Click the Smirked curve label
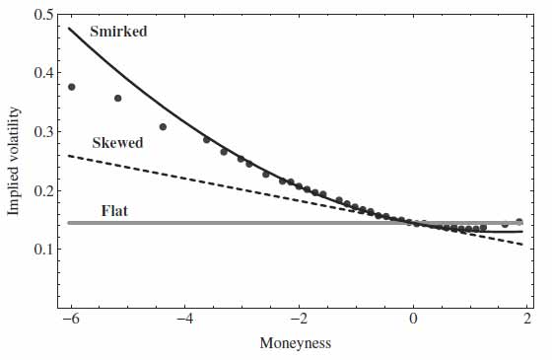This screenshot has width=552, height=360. click(x=118, y=32)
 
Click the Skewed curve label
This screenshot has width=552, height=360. click(x=117, y=143)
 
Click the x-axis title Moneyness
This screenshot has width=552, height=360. click(x=294, y=344)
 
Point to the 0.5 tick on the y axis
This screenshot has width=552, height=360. click(x=42, y=16)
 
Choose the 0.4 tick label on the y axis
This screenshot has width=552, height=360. click(x=42, y=74)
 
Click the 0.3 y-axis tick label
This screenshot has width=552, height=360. click(x=42, y=133)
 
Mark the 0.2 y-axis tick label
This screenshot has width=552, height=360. click(x=42, y=191)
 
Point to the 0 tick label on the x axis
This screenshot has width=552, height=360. click(x=414, y=319)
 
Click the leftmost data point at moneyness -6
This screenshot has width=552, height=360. click(x=71, y=87)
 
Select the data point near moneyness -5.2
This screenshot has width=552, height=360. click(x=117, y=98)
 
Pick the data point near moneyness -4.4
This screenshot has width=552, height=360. click(x=163, y=126)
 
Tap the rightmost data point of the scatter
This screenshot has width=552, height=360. click(x=519, y=222)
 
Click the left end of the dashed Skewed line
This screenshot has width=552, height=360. click(x=70, y=156)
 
